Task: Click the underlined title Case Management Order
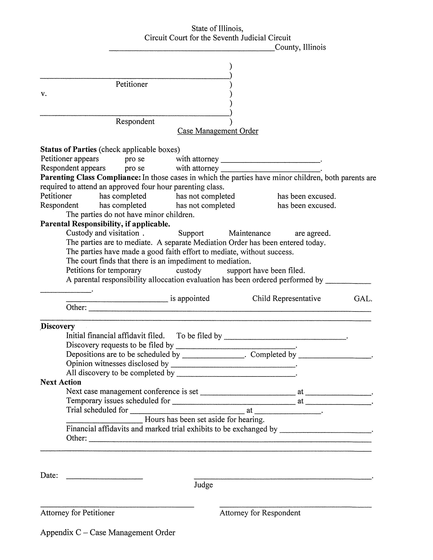pyautogui.click(x=218, y=131)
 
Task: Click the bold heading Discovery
pyautogui.click(x=58, y=326)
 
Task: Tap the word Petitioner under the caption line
pyautogui.click(x=132, y=84)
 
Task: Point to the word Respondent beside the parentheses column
pyautogui.click(x=135, y=121)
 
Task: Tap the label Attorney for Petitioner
pyautogui.click(x=77, y=513)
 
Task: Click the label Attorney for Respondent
pyautogui.click(x=260, y=513)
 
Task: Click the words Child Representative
pyautogui.click(x=286, y=298)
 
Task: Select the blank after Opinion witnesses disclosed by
pyautogui.click(x=233, y=364)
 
